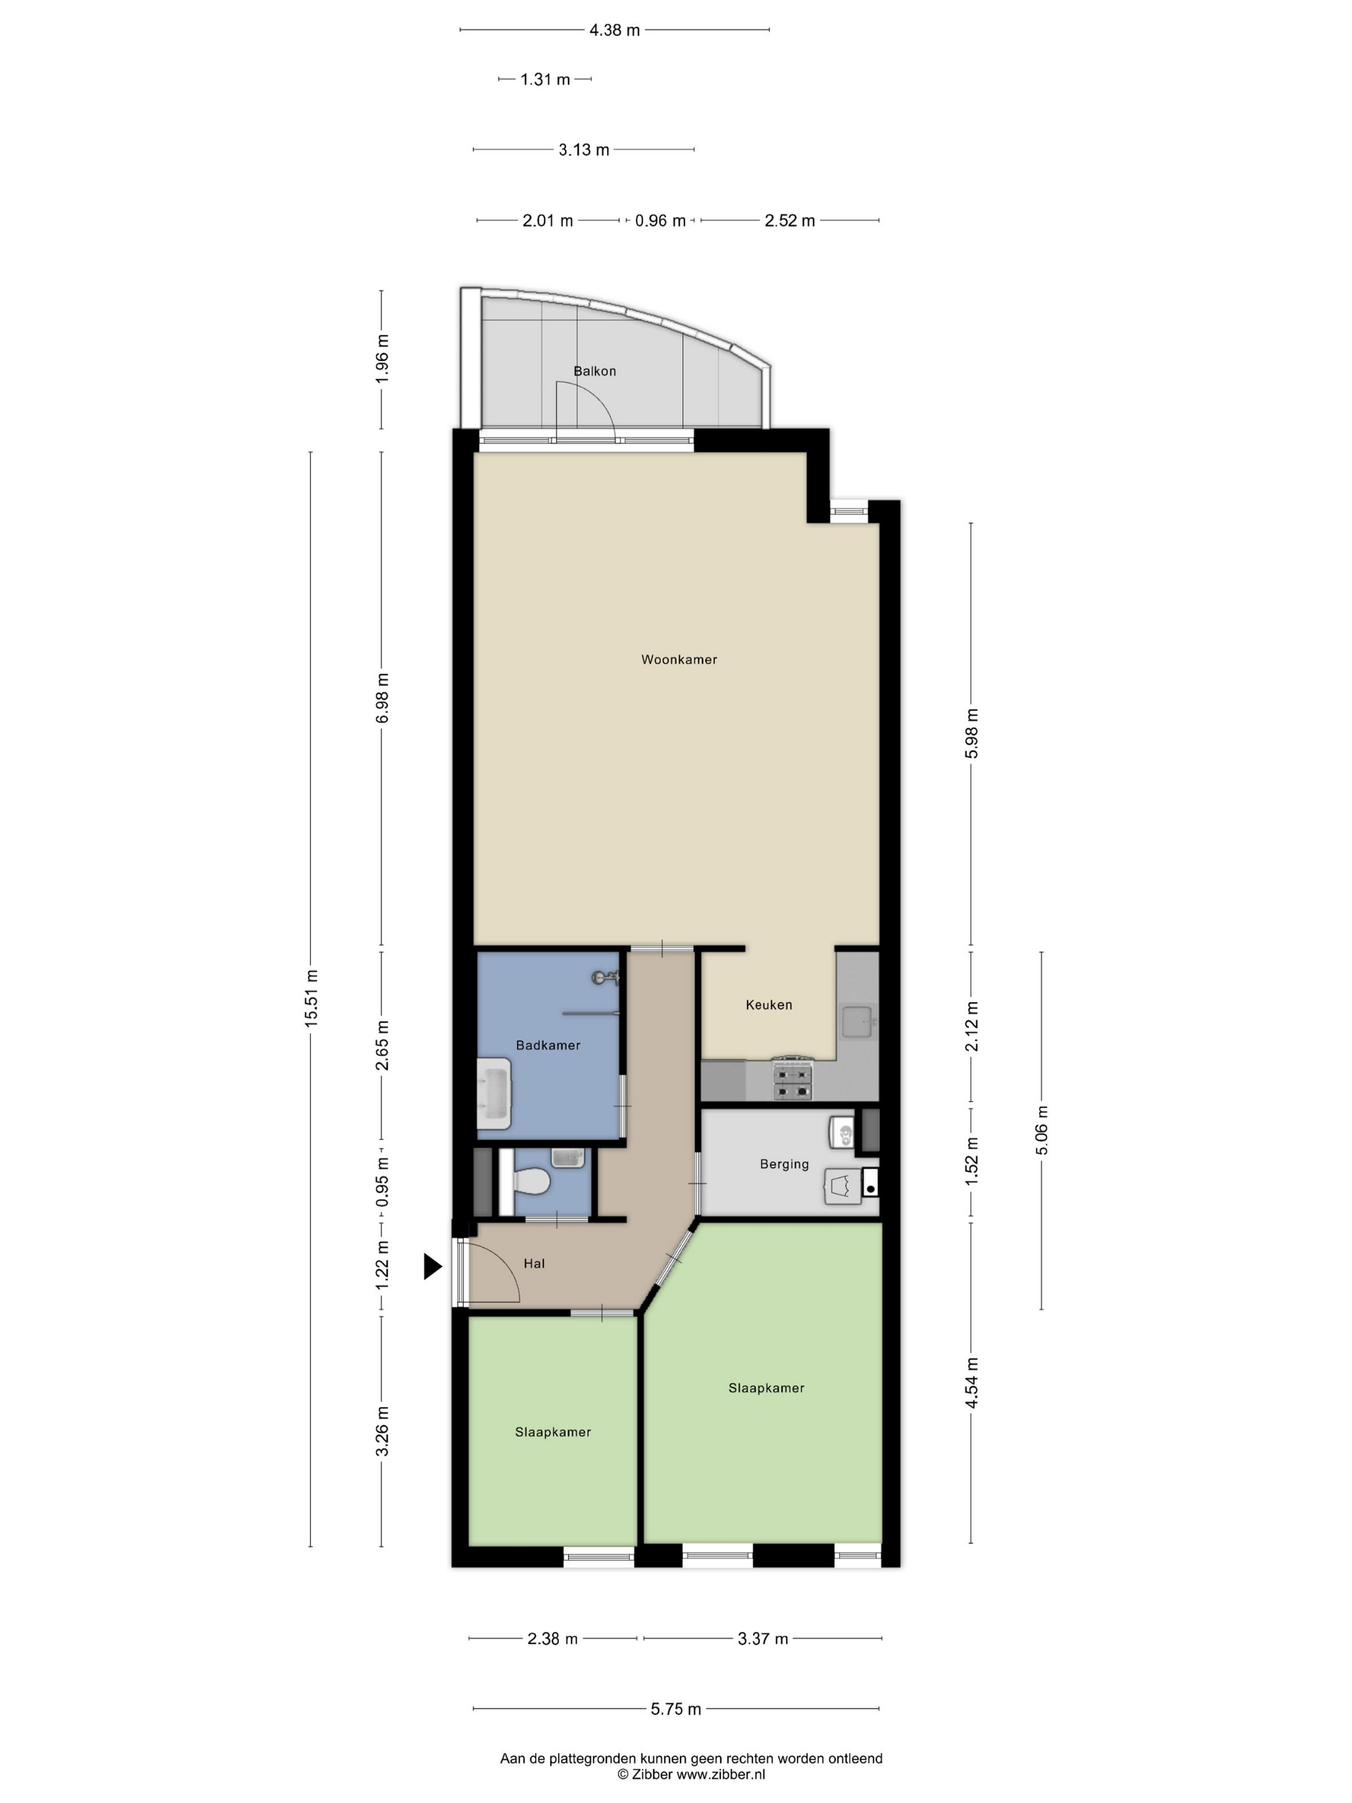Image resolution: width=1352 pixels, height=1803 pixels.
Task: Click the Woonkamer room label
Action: click(x=679, y=659)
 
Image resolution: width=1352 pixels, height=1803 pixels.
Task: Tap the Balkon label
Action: click(x=594, y=371)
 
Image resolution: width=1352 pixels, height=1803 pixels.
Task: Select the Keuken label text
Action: click(x=769, y=1005)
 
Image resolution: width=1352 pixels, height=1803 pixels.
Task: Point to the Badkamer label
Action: click(x=548, y=1045)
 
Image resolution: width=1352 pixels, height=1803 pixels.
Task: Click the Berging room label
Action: click(x=784, y=1164)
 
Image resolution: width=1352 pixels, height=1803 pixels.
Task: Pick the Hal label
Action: click(x=534, y=1263)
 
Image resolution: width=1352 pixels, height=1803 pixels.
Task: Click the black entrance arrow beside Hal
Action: click(x=433, y=1266)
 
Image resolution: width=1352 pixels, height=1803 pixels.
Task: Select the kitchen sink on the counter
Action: click(x=858, y=1021)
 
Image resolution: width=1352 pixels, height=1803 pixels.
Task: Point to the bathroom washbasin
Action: click(x=494, y=1093)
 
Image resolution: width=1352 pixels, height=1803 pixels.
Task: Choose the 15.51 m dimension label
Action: click(x=310, y=999)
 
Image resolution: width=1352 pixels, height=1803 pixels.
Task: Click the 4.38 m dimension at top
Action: click(x=614, y=30)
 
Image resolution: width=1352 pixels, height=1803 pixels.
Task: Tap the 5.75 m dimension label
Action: click(x=675, y=1709)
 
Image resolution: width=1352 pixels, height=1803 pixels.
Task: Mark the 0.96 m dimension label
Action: click(x=660, y=221)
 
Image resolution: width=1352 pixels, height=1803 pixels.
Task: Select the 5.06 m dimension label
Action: click(x=1042, y=1129)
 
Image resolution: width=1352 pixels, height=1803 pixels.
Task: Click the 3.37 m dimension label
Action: click(x=763, y=1638)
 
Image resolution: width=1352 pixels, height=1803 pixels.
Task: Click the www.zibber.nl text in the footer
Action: click(x=720, y=1773)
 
